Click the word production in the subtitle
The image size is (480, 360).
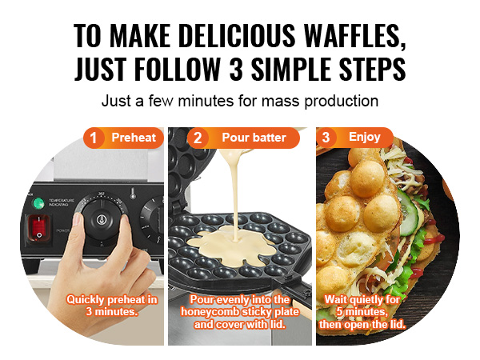tap(341, 101)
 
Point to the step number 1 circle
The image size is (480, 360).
tap(93, 138)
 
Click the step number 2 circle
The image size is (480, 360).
tap(198, 138)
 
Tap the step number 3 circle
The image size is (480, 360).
tap(326, 137)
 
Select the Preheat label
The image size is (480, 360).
tap(134, 138)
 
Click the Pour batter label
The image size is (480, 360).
tap(254, 138)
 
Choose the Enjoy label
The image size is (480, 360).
tap(365, 137)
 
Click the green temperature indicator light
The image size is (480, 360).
tap(38, 203)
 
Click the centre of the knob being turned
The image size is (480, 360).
tap(102, 219)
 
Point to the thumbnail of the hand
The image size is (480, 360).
tap(78, 218)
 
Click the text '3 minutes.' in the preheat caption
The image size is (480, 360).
tap(111, 312)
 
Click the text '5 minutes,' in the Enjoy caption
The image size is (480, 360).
tap(362, 312)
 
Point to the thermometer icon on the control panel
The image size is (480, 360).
tap(133, 193)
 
